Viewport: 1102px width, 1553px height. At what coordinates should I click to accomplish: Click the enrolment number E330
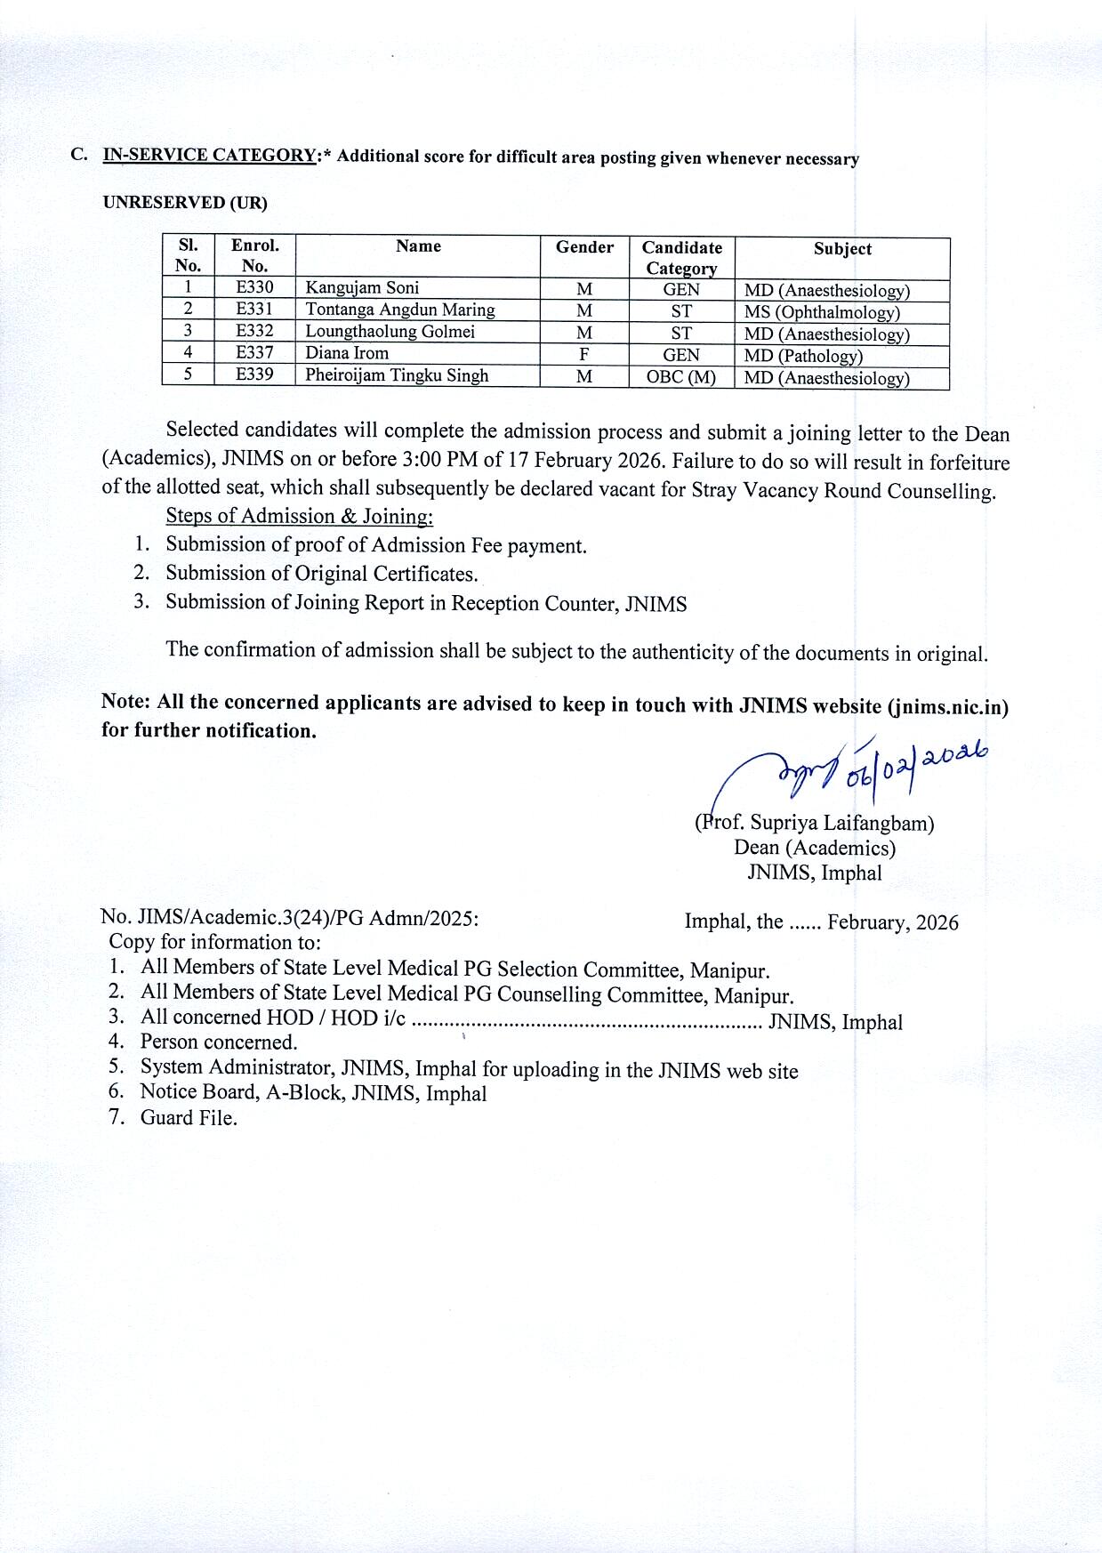(x=254, y=287)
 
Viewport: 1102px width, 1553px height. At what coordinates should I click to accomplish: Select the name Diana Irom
(x=347, y=353)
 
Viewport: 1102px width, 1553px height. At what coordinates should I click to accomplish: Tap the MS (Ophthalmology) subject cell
(x=822, y=312)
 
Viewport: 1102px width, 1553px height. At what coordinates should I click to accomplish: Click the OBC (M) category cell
(x=681, y=376)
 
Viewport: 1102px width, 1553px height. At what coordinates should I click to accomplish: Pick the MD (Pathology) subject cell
(x=803, y=356)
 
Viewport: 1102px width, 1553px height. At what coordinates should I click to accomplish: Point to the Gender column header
(x=584, y=247)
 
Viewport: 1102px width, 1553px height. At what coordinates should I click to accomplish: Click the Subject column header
(x=842, y=249)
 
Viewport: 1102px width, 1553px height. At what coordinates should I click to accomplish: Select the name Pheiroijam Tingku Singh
(x=397, y=375)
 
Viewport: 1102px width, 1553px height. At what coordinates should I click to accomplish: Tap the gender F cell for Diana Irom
(x=584, y=354)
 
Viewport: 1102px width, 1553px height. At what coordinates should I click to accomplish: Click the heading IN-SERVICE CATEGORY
(x=210, y=155)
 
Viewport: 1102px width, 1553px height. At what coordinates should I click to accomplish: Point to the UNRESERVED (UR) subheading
(x=185, y=202)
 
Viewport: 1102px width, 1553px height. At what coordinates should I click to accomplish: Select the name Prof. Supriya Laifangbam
(x=815, y=823)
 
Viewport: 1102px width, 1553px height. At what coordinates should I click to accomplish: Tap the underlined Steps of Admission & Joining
(x=299, y=516)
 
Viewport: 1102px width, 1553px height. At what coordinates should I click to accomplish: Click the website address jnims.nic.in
(x=948, y=707)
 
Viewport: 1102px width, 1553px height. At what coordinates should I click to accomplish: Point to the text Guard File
(x=189, y=1118)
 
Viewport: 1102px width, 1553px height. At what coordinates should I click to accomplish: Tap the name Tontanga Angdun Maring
(x=400, y=310)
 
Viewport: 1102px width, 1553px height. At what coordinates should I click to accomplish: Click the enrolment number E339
(x=254, y=374)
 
